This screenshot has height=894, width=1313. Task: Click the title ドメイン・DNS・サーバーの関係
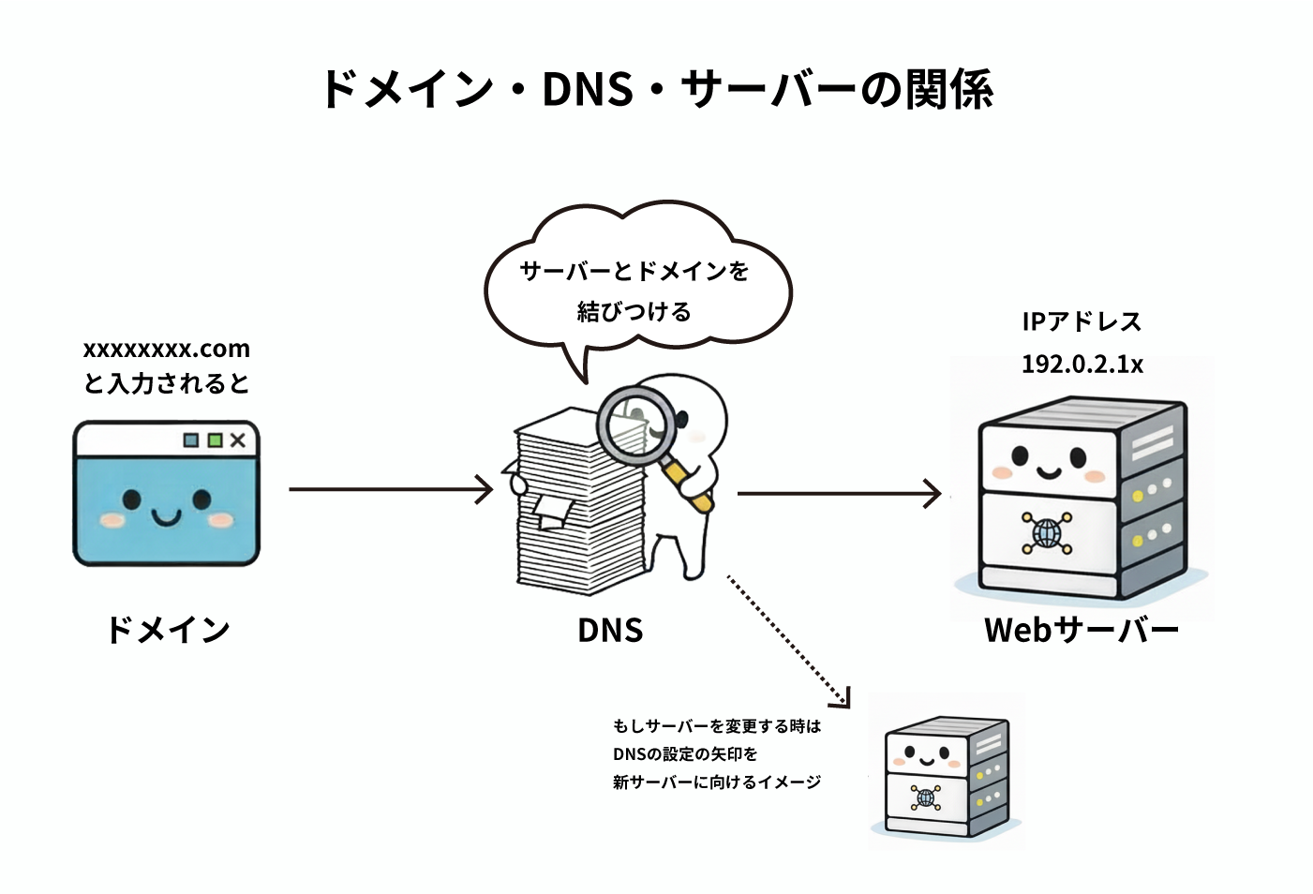[x=656, y=90]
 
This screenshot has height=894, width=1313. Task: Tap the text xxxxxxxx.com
[x=167, y=350]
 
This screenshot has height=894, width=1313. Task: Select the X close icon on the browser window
[x=238, y=440]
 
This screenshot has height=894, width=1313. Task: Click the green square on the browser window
[x=215, y=440]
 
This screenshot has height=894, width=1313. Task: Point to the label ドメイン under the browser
[x=168, y=630]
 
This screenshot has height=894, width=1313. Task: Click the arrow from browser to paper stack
[x=390, y=488]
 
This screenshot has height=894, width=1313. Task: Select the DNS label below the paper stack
[x=610, y=631]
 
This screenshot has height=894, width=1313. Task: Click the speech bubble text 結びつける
[x=634, y=312]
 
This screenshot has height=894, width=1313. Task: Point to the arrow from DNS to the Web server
[x=839, y=493]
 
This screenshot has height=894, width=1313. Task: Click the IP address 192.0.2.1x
[x=1082, y=365]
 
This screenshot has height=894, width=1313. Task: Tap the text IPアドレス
[x=1082, y=322]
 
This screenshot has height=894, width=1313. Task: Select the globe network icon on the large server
[x=1046, y=532]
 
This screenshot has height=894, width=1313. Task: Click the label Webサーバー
[x=1082, y=630]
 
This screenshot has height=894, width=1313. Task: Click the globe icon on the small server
[x=926, y=797]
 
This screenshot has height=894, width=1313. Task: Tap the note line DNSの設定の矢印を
[x=685, y=754]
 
